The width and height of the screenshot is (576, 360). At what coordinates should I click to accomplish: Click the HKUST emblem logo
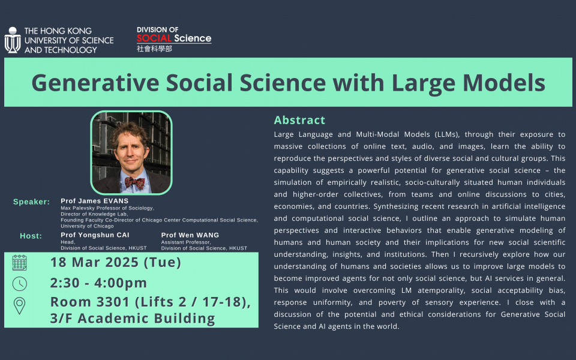click(13, 40)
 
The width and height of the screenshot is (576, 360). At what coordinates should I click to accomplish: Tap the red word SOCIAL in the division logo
click(154, 38)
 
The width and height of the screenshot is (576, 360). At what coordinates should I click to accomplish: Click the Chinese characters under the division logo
click(154, 49)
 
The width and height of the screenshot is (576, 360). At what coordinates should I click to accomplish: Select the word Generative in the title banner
click(95, 83)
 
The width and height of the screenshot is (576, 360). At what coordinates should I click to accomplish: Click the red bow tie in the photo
click(134, 182)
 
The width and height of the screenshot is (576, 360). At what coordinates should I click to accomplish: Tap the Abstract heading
click(299, 120)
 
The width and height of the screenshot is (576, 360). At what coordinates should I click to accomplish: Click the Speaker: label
click(32, 202)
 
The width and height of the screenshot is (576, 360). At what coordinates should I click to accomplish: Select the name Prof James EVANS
click(94, 201)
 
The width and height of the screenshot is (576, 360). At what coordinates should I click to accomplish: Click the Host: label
click(31, 236)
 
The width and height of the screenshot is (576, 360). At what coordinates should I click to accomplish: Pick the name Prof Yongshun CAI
click(95, 235)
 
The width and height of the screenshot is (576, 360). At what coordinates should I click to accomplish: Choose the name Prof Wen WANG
click(190, 235)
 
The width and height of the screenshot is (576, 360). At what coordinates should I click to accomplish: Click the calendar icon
click(19, 263)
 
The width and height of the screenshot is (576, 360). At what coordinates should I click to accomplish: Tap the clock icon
click(19, 284)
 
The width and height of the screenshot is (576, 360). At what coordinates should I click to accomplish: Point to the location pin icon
click(19, 306)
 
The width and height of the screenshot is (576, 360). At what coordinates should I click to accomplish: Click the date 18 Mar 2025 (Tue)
click(116, 262)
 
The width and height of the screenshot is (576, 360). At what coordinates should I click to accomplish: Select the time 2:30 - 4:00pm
click(98, 283)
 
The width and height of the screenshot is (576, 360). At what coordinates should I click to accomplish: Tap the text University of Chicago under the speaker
click(87, 226)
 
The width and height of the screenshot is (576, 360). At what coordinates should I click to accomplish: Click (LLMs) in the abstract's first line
click(447, 134)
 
